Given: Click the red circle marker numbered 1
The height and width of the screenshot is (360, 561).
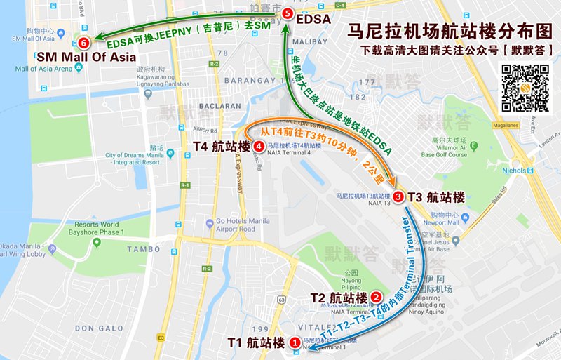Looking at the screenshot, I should [295, 342].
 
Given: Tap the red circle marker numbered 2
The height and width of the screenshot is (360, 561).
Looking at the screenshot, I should [377, 298].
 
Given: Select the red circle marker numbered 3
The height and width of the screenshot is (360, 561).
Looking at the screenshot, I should [398, 197].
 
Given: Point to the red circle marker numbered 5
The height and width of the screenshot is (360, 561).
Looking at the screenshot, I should [286, 13].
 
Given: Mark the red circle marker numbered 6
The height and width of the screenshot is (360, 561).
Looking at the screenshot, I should [84, 42].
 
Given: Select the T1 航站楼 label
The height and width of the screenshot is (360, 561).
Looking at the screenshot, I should [257, 343].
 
